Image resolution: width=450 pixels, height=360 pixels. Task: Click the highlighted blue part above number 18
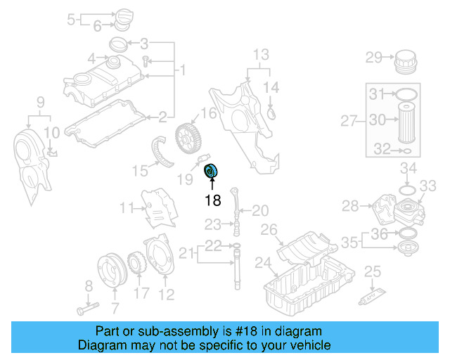point(211,171)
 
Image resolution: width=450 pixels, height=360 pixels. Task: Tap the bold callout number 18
point(212,200)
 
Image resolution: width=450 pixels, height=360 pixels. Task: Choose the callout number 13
point(261,55)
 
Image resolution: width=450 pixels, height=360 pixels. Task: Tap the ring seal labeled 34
point(406,191)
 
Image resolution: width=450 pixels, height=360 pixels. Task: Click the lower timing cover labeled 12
point(160,259)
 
